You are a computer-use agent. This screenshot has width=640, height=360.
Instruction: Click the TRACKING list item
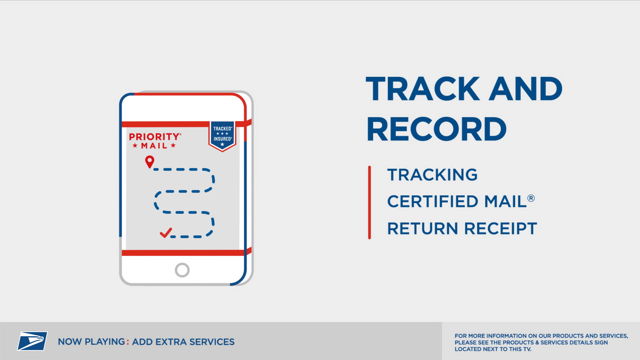pyautogui.click(x=432, y=175)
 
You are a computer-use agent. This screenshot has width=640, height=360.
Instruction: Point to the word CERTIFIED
pyautogui.click(x=433, y=201)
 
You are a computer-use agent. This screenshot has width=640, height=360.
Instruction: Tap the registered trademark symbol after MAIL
pyautogui.click(x=531, y=198)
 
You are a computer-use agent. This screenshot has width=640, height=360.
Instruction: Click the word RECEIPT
pyautogui.click(x=501, y=229)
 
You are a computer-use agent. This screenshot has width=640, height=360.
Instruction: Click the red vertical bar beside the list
pyautogui.click(x=369, y=202)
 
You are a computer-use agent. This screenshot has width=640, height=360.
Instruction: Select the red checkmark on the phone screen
pyautogui.click(x=166, y=233)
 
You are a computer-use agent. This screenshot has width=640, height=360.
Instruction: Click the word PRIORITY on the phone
pyautogui.click(x=155, y=137)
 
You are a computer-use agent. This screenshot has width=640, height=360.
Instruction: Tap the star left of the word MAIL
pyautogui.click(x=135, y=146)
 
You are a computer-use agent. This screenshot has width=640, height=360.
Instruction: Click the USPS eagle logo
pyautogui.click(x=32, y=341)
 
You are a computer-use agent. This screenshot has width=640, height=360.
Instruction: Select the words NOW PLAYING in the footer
pyautogui.click(x=91, y=342)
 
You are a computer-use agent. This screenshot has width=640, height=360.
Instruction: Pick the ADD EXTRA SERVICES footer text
pyautogui.click(x=183, y=342)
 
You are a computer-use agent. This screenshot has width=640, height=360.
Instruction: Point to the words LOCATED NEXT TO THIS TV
pyautogui.click(x=493, y=349)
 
